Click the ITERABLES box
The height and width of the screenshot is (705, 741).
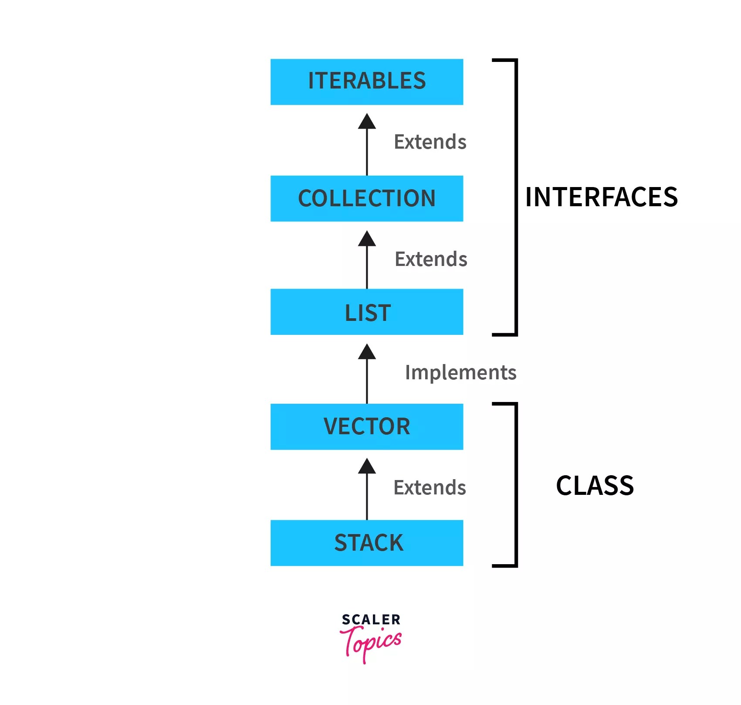pos(366,82)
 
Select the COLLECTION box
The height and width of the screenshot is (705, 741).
pos(366,198)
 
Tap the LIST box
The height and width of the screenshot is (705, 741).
pos(366,312)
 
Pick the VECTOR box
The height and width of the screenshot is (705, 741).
pos(366,426)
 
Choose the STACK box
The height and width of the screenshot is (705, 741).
pos(366,543)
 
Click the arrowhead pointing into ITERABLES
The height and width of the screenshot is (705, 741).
pos(367,122)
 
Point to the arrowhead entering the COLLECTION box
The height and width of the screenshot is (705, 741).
pos(367,239)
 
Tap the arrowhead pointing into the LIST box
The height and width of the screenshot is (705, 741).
pos(367,352)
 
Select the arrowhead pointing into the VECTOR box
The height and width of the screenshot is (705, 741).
pos(367,467)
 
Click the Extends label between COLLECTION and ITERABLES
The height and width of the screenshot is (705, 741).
pos(430,142)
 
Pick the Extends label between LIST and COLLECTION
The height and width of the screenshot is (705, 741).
pos(431,259)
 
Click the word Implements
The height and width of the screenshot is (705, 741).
pos(460,372)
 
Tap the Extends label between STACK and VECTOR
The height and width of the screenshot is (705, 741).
pos(430,487)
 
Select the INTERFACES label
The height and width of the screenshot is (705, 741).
pos(601,197)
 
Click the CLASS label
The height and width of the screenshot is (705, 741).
pos(595,486)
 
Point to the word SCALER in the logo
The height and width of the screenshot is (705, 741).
pos(371,620)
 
